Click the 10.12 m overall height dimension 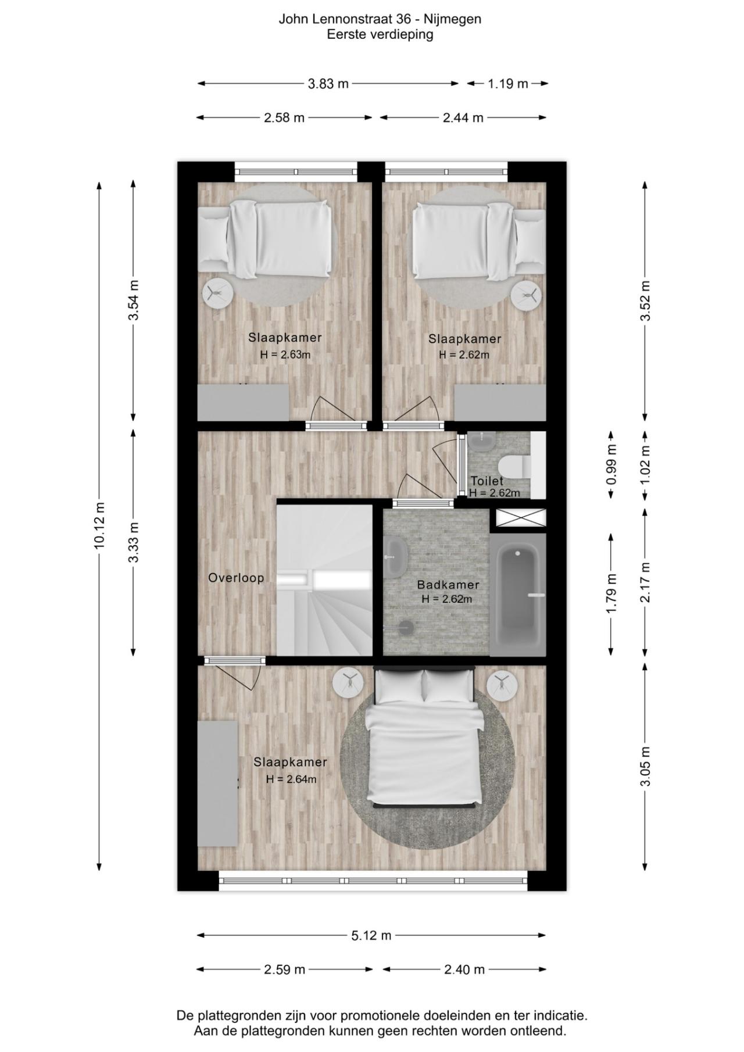pos(99,525)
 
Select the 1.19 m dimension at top pos(507,84)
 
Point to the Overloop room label pos(236,578)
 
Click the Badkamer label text pos(448,585)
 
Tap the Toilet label pos(487,481)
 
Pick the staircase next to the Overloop pos(324,581)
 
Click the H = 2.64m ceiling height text pos(291,779)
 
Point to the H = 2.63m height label pos(285,355)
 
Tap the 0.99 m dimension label pos(611,464)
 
